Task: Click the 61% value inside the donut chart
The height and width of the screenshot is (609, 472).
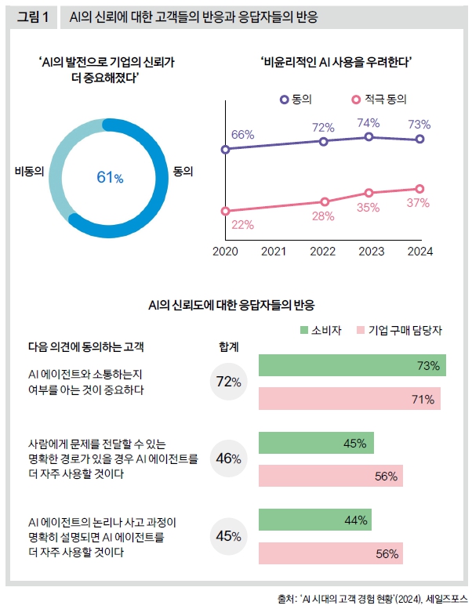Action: pyautogui.click(x=110, y=177)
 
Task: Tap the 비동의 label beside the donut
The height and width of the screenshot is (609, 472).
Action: pyautogui.click(x=29, y=171)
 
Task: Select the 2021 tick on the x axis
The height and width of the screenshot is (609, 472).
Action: pyautogui.click(x=274, y=252)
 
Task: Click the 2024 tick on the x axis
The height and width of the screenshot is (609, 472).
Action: pyautogui.click(x=419, y=252)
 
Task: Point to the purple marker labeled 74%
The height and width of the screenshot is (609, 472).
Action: pyautogui.click(x=369, y=136)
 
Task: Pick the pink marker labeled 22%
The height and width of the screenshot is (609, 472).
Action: pyautogui.click(x=226, y=210)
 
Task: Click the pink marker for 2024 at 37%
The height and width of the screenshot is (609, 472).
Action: pyautogui.click(x=419, y=189)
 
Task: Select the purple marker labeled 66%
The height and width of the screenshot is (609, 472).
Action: pyautogui.click(x=226, y=149)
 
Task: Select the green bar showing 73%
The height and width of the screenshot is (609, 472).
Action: pyautogui.click(x=351, y=365)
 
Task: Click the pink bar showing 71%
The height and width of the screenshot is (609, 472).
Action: pyautogui.click(x=349, y=399)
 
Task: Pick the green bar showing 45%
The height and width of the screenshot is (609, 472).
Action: pyautogui.click(x=315, y=443)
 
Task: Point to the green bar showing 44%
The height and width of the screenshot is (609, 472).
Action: pyautogui.click(x=314, y=520)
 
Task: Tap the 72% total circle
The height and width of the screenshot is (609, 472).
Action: pyautogui.click(x=228, y=382)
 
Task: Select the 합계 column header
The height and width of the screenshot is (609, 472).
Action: pyautogui.click(x=228, y=346)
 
